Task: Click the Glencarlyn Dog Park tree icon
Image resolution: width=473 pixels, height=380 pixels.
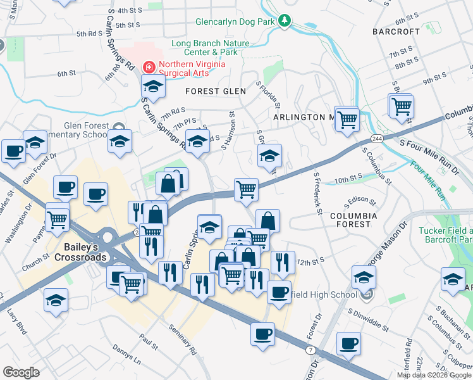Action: pos(285,22)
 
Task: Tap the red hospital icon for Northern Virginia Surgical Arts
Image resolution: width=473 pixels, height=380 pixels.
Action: pos(149,65)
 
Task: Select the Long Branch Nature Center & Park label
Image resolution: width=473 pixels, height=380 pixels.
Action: pos(211,47)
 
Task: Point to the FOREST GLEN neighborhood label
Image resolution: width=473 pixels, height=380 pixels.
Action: pos(215,91)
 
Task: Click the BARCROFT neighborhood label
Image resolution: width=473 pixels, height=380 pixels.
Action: pos(396,31)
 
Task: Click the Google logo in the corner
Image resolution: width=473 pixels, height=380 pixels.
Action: pos(21,372)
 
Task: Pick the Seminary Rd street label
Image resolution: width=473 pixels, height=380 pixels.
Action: pos(183,339)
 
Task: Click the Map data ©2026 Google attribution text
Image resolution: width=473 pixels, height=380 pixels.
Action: pos(433,375)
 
